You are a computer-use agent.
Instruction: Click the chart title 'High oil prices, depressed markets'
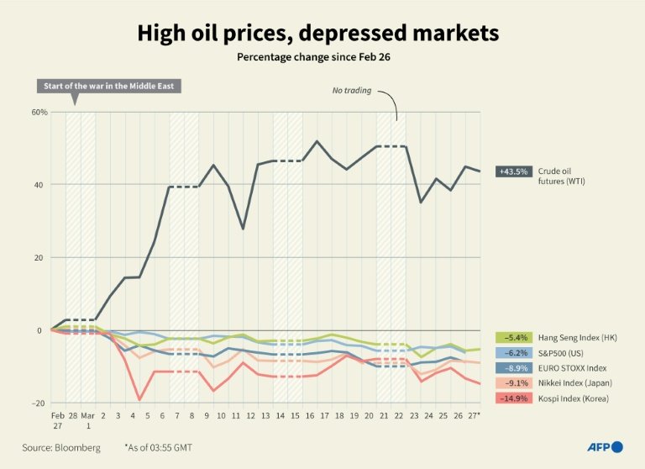click(318, 33)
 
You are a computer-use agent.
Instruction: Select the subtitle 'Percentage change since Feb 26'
click(318, 57)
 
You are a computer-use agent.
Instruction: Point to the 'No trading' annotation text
click(351, 90)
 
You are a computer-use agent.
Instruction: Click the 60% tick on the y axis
click(39, 112)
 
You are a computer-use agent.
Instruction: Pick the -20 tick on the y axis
click(39, 403)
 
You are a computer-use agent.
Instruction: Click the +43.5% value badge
click(513, 171)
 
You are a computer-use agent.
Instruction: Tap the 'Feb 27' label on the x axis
click(57, 421)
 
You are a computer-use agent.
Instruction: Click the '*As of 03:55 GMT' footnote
click(160, 448)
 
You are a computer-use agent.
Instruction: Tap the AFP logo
click(604, 447)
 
